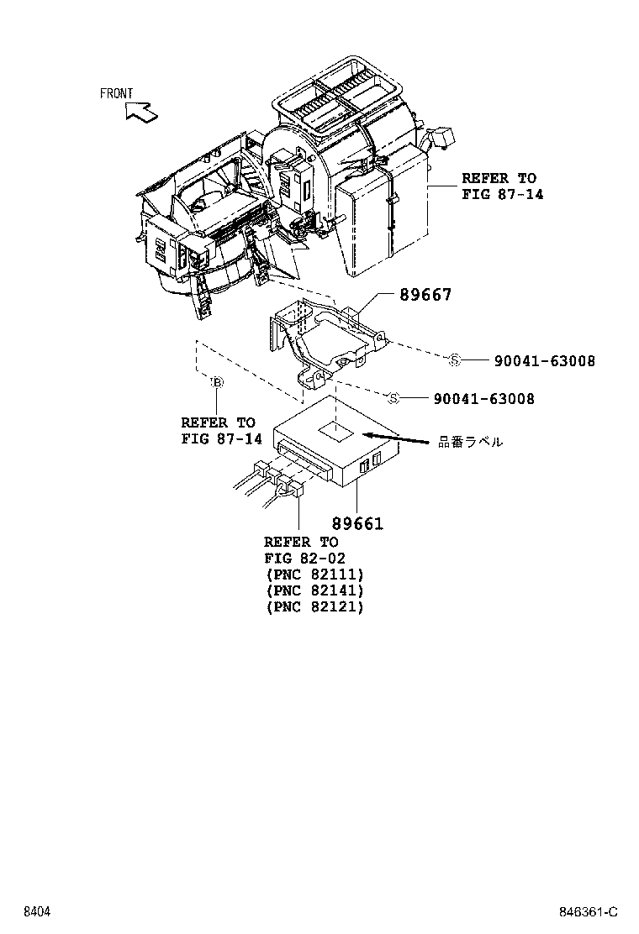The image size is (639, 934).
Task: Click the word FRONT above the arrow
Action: [x=116, y=94]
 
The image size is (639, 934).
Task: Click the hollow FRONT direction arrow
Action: [x=140, y=111]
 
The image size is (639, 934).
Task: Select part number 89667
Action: [x=425, y=295]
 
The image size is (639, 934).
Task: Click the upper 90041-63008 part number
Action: [x=544, y=361]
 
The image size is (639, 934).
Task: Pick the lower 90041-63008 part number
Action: [x=483, y=399]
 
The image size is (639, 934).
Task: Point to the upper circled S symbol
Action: [x=454, y=360]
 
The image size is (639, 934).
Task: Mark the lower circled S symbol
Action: [x=393, y=398]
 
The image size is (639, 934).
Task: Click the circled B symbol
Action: [x=216, y=383]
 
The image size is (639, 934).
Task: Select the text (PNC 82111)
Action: [x=314, y=575]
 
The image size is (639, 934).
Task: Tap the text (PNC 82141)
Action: [x=314, y=590]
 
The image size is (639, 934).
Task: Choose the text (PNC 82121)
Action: [x=314, y=606]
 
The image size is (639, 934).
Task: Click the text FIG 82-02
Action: [x=304, y=559]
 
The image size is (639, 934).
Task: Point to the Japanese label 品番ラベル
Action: [x=471, y=441]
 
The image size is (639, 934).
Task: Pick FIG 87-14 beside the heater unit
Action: [x=502, y=194]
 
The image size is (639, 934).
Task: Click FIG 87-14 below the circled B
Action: [x=221, y=438]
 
